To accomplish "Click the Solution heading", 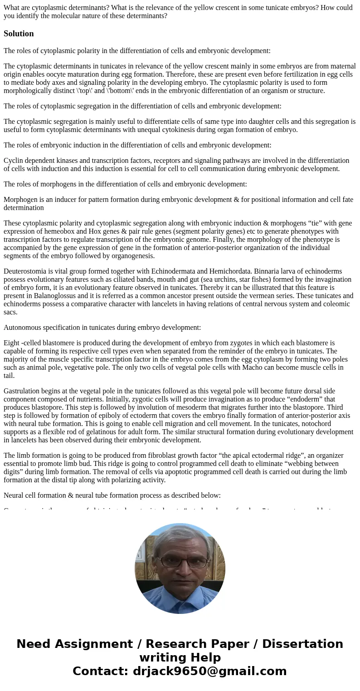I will pos(19,34).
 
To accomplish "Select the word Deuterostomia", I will pos(26,271).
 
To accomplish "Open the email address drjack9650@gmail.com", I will pos(209,671).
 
